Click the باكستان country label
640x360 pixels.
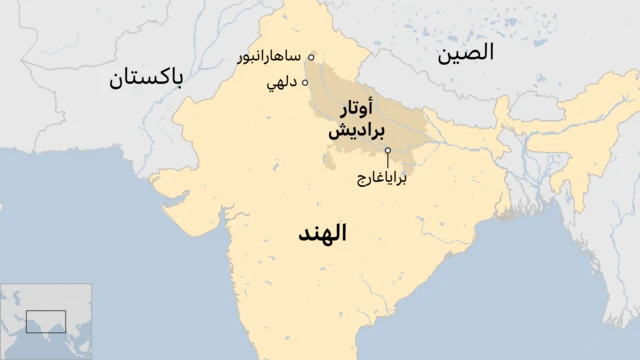tap(148, 77)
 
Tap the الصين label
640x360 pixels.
tap(465, 54)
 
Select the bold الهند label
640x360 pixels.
tap(322, 235)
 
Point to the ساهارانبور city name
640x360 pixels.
tap(269, 58)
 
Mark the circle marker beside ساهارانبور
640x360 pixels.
tap(311, 57)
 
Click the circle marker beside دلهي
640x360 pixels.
tap(305, 83)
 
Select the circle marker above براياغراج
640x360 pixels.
tap(387, 151)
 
